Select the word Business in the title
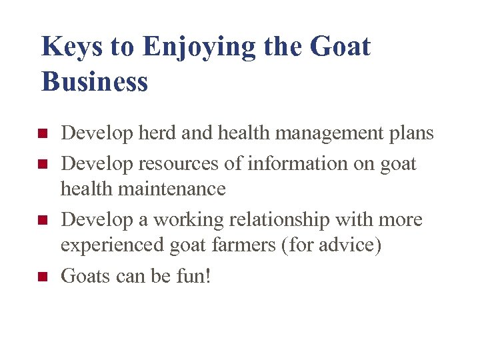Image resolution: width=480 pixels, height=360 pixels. (x=95, y=82)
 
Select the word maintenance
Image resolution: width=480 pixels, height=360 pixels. (x=181, y=189)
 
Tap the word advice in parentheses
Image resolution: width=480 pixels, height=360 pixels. (x=349, y=245)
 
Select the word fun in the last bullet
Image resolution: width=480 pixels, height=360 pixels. (x=195, y=275)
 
